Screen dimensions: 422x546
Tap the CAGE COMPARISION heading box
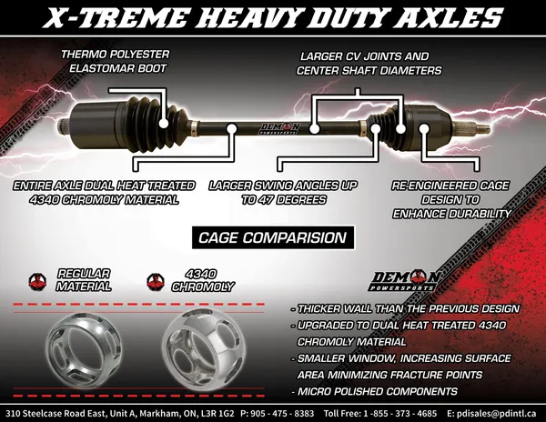272,238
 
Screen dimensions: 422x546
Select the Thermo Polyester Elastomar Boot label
115,61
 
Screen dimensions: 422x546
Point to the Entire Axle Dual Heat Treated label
104,192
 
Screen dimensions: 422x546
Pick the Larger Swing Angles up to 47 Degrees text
281,192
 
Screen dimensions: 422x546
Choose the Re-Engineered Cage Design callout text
451,198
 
